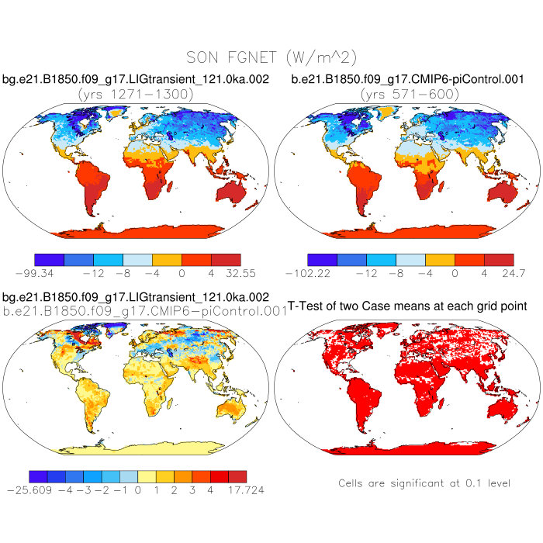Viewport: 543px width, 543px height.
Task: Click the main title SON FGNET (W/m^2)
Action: click(x=271, y=57)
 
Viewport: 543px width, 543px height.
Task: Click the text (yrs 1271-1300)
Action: click(x=136, y=94)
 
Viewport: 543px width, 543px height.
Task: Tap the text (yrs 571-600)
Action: click(x=409, y=94)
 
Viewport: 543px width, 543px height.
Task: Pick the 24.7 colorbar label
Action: click(x=513, y=273)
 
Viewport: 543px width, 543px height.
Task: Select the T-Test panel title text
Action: click(x=407, y=307)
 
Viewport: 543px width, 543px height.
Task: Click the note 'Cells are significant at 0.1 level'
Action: click(x=424, y=483)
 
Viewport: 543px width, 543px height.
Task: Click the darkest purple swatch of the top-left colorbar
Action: click(x=50, y=259)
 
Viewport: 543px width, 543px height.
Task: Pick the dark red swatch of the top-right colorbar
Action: click(x=499, y=259)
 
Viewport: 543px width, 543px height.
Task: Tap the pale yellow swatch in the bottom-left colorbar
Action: click(x=147, y=476)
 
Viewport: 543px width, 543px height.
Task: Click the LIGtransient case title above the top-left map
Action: click(x=136, y=79)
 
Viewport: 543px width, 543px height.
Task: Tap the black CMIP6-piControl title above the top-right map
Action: click(x=409, y=79)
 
